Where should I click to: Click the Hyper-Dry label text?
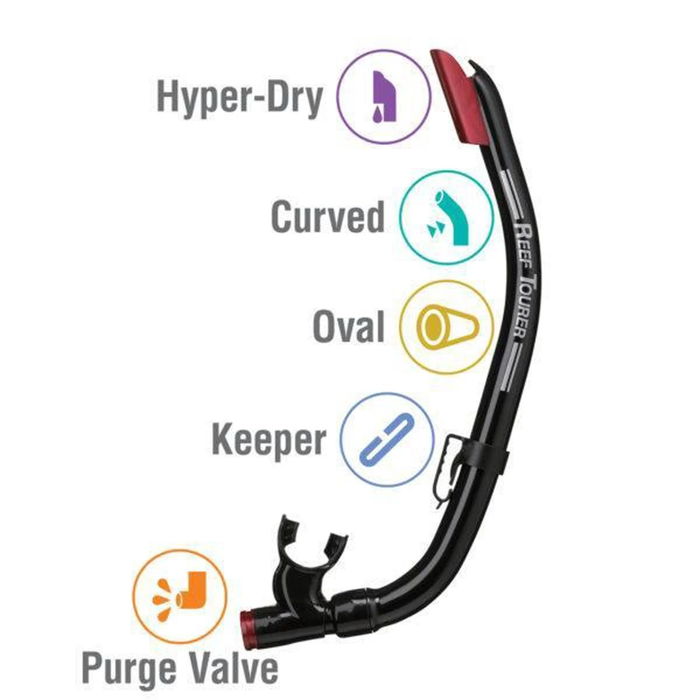tap(240, 97)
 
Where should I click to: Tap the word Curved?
tap(328, 217)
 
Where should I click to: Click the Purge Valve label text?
tap(180, 668)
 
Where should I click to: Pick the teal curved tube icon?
tap(447, 218)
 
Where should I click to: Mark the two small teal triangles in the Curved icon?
tap(434, 229)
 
